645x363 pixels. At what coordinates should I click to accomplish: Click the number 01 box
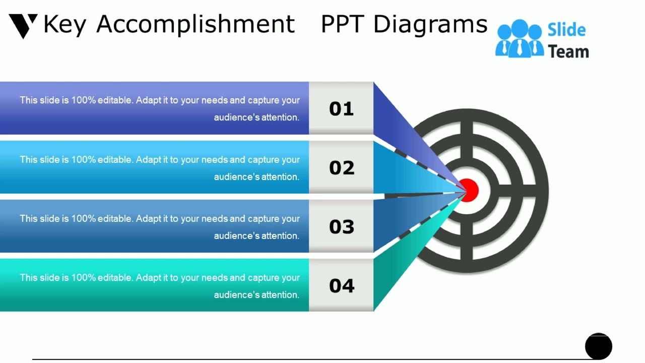coord(341,108)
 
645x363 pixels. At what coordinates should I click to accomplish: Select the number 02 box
coord(341,167)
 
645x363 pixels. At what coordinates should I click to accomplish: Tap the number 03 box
coord(341,226)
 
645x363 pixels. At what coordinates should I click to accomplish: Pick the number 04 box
coord(341,285)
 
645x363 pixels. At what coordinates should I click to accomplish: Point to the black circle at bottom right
coord(598,346)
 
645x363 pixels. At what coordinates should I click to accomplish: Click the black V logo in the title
coord(23,25)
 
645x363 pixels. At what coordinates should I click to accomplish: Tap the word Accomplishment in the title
coord(195,24)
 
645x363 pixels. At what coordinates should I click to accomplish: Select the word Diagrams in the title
coord(430,24)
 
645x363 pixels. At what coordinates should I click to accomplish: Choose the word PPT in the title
coord(343,24)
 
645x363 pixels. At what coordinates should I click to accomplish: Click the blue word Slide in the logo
coord(566,30)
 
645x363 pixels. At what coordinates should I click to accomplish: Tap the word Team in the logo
coord(568,51)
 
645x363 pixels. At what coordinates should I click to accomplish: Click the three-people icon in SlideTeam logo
coord(519,39)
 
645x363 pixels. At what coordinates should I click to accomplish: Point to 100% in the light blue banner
coord(82,159)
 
